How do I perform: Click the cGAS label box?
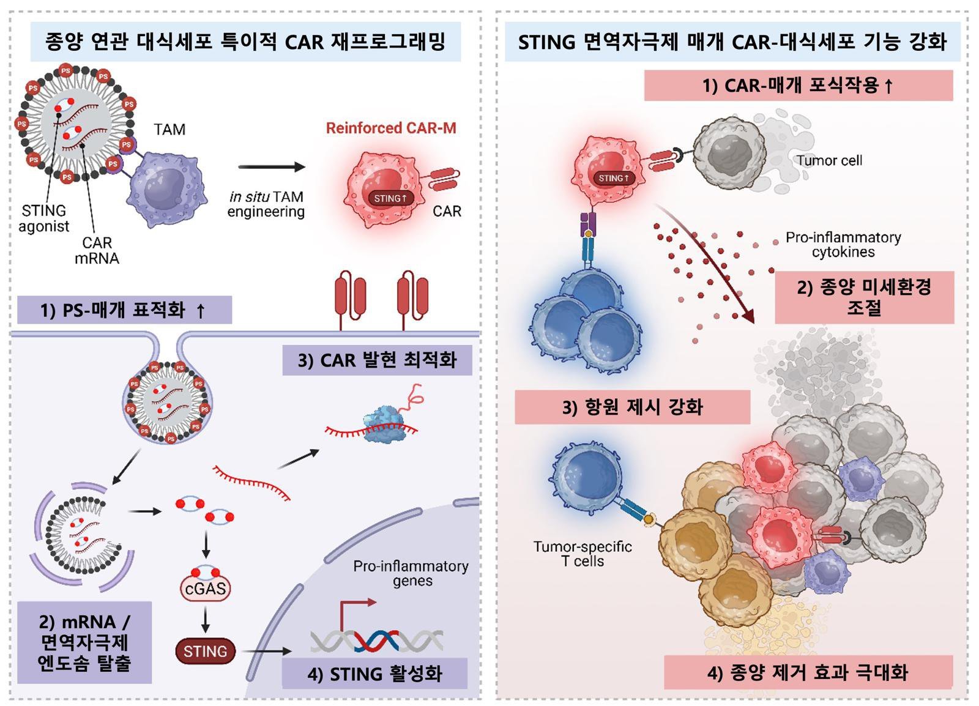205,589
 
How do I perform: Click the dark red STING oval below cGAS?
205,652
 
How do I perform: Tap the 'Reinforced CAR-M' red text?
390,128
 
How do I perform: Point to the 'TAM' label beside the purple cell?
169,130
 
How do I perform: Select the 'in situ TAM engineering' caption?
266,204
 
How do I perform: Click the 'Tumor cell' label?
829,161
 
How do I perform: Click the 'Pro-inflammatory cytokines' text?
843,245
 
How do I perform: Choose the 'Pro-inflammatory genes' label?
411,573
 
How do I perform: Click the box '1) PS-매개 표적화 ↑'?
124,310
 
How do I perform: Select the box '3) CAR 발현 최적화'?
377,360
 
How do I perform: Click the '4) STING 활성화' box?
374,674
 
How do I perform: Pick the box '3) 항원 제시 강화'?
632,407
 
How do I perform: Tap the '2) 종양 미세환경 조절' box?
864,297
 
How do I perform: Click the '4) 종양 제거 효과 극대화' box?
808,673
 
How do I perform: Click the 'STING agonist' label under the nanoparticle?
43,218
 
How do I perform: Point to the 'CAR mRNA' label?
97,251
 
